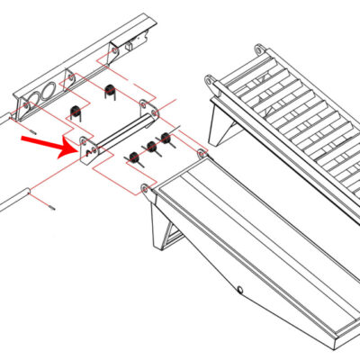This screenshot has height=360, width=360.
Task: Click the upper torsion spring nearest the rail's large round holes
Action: [76, 112]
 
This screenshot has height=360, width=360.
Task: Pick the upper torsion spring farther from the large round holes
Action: [111, 91]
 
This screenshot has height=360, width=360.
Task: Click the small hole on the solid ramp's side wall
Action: [241, 290]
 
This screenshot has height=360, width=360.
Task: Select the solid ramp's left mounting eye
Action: [145, 188]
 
